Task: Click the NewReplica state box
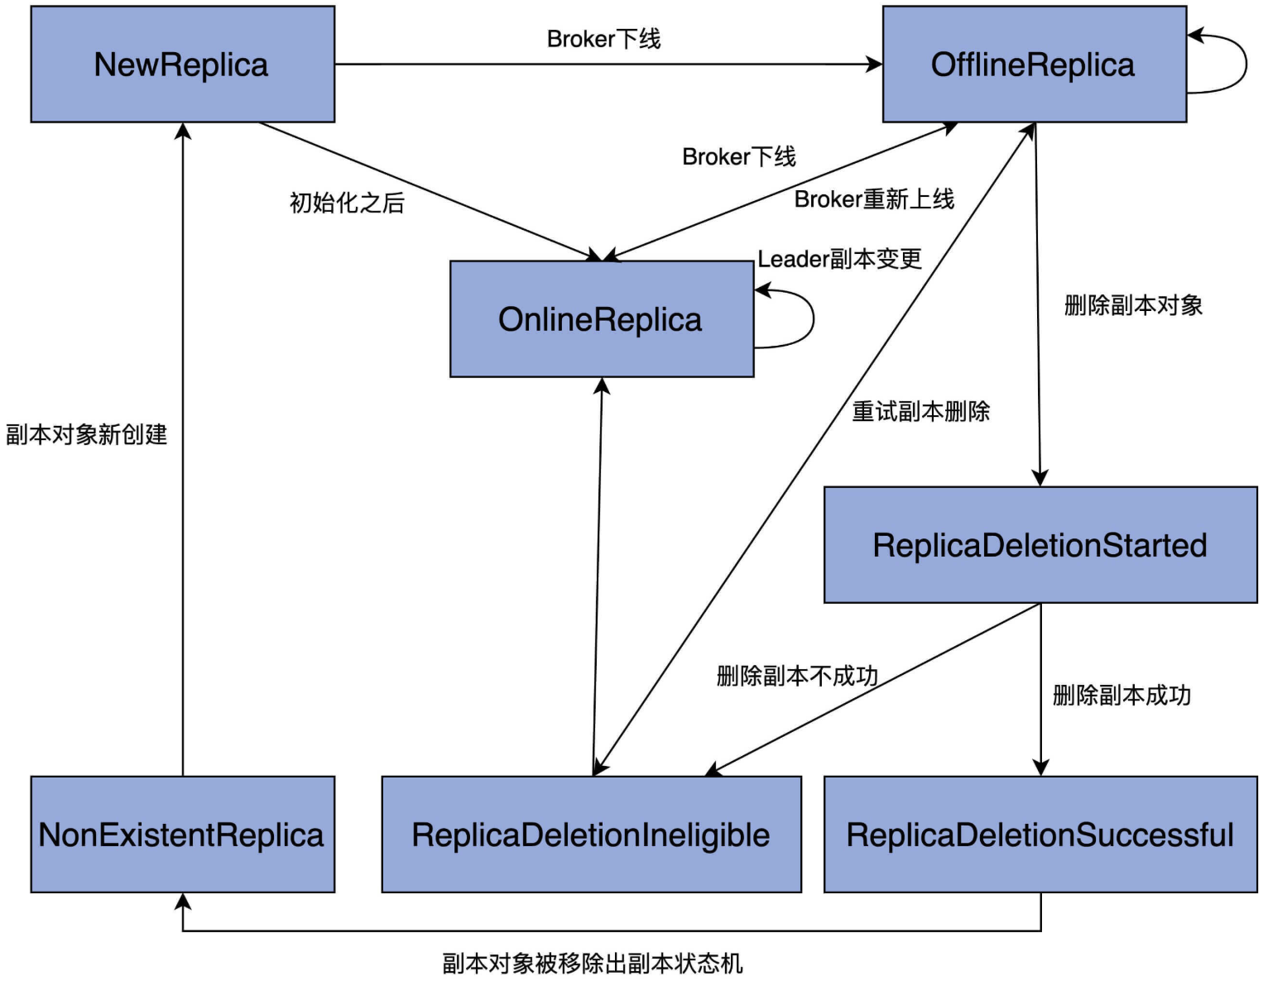pyautogui.click(x=182, y=65)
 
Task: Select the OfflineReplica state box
pyautogui.click(x=1034, y=65)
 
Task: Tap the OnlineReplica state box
pyautogui.click(x=601, y=319)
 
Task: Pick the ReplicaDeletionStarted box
pyautogui.click(x=1040, y=545)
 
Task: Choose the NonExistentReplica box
pyautogui.click(x=182, y=834)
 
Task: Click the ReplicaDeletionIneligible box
pyautogui.click(x=591, y=834)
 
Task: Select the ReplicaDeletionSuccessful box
pyautogui.click(x=1040, y=834)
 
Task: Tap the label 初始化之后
pyautogui.click(x=347, y=203)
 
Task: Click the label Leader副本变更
pyautogui.click(x=839, y=259)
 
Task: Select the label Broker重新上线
pyautogui.click(x=874, y=199)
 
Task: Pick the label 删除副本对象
pyautogui.click(x=1132, y=305)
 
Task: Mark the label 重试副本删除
pyautogui.click(x=920, y=411)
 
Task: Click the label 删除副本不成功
pyautogui.click(x=796, y=676)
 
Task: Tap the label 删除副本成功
pyautogui.click(x=1121, y=695)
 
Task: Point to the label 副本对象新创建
pyautogui.click(x=86, y=434)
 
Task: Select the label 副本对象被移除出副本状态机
pyautogui.click(x=592, y=963)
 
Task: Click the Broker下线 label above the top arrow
pyautogui.click(x=603, y=39)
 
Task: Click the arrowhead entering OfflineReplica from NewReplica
pyautogui.click(x=875, y=64)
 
